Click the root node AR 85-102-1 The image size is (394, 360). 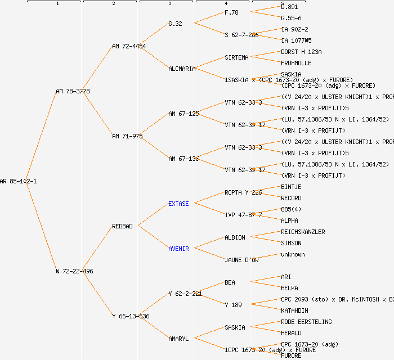tap(19, 181)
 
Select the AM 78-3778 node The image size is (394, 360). tap(73, 91)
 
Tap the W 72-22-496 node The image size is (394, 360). tap(74, 271)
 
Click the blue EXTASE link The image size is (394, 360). tap(178, 204)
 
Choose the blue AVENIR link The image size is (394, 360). tap(178, 249)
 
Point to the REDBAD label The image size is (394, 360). tap(122, 226)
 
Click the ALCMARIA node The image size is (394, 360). tap(182, 69)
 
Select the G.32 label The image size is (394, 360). tap(175, 24)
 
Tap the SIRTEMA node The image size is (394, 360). tap(236, 57)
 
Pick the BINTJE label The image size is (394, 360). tap(291, 187)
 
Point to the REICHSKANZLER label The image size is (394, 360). tap(303, 232)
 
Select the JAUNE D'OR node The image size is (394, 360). tap(241, 260)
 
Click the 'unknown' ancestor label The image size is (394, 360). tap(293, 254)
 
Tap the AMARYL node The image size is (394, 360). tap(178, 339)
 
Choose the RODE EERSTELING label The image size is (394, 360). tap(306, 322)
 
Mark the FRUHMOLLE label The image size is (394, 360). tap(296, 63)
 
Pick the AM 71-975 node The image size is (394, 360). tap(127, 136)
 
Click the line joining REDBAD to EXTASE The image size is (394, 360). tap(153, 215)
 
